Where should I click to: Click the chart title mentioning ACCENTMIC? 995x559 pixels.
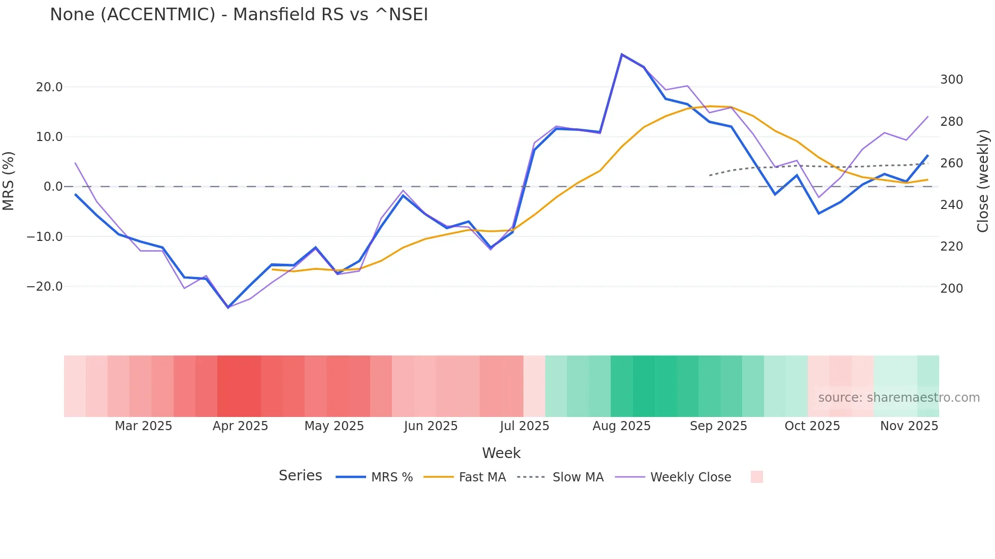click(239, 15)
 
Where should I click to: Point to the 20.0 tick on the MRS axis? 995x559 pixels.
click(49, 87)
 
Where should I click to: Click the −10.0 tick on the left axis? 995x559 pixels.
click(45, 237)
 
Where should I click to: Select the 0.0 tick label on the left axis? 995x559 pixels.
click(53, 187)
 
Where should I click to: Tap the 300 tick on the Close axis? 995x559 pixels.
click(951, 80)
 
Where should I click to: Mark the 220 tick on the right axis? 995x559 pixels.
click(951, 247)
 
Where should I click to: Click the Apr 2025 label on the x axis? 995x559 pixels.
click(240, 426)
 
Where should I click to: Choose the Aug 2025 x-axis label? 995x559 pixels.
click(621, 426)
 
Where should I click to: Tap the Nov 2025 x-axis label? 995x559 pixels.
click(909, 426)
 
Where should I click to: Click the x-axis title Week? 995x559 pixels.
click(501, 453)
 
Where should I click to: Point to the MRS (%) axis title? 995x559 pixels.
click(9, 181)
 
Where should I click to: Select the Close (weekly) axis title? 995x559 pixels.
click(983, 181)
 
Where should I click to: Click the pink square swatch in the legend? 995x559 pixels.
click(756, 477)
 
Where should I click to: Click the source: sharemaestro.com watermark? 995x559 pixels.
click(899, 398)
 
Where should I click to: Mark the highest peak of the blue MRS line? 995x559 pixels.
click(622, 54)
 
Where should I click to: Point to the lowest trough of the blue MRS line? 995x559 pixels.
click(228, 307)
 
